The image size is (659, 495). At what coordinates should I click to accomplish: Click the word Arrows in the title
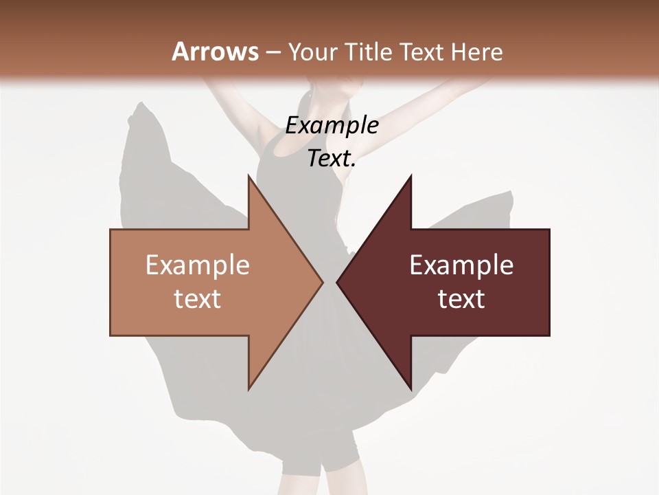(215, 52)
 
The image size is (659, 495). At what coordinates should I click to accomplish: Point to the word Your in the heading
(312, 52)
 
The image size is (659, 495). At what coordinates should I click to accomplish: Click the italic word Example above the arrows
(332, 126)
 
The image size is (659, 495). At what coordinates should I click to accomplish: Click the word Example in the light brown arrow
(198, 265)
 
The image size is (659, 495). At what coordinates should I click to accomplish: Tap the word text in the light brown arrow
(198, 299)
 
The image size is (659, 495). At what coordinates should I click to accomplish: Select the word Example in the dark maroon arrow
(461, 265)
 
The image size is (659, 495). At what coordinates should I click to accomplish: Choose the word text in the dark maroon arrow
(461, 299)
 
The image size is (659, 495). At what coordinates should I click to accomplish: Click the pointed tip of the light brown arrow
(322, 282)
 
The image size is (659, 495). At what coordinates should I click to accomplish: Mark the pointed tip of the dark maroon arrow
(338, 282)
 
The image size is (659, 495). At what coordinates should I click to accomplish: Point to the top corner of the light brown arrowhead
(249, 176)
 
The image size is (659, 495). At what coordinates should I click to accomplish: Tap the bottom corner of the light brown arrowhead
(249, 388)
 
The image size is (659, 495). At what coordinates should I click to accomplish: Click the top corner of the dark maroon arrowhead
(411, 176)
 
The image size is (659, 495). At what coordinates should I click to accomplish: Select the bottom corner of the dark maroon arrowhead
(411, 388)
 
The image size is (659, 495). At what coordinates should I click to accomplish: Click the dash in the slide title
(273, 52)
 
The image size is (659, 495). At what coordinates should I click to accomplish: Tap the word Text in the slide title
(423, 52)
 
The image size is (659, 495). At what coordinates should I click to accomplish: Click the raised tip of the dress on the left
(140, 106)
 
